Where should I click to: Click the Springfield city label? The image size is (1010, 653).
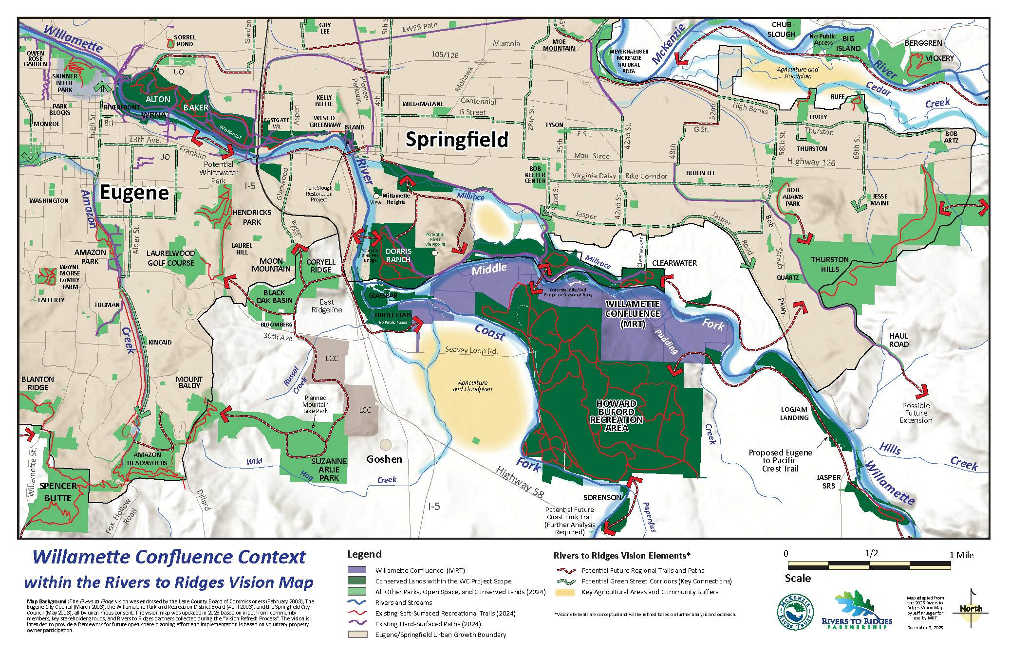(457, 140)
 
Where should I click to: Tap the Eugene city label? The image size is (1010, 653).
(134, 193)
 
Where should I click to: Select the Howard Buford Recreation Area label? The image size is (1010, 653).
(616, 416)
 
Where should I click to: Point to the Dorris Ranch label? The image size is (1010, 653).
(398, 255)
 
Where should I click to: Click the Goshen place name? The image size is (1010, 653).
(384, 459)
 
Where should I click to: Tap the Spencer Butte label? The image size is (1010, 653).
(58, 491)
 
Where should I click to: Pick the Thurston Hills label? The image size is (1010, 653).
(830, 264)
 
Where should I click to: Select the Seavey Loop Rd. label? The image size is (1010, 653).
(471, 350)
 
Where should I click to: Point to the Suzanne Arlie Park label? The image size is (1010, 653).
(329, 470)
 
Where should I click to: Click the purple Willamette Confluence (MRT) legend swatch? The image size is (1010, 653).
(356, 570)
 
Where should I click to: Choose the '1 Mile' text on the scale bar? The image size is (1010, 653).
(961, 555)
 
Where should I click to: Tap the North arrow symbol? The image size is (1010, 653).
(971, 608)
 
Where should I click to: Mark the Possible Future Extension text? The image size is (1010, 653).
(916, 413)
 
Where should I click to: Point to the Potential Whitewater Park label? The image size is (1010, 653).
(218, 172)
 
